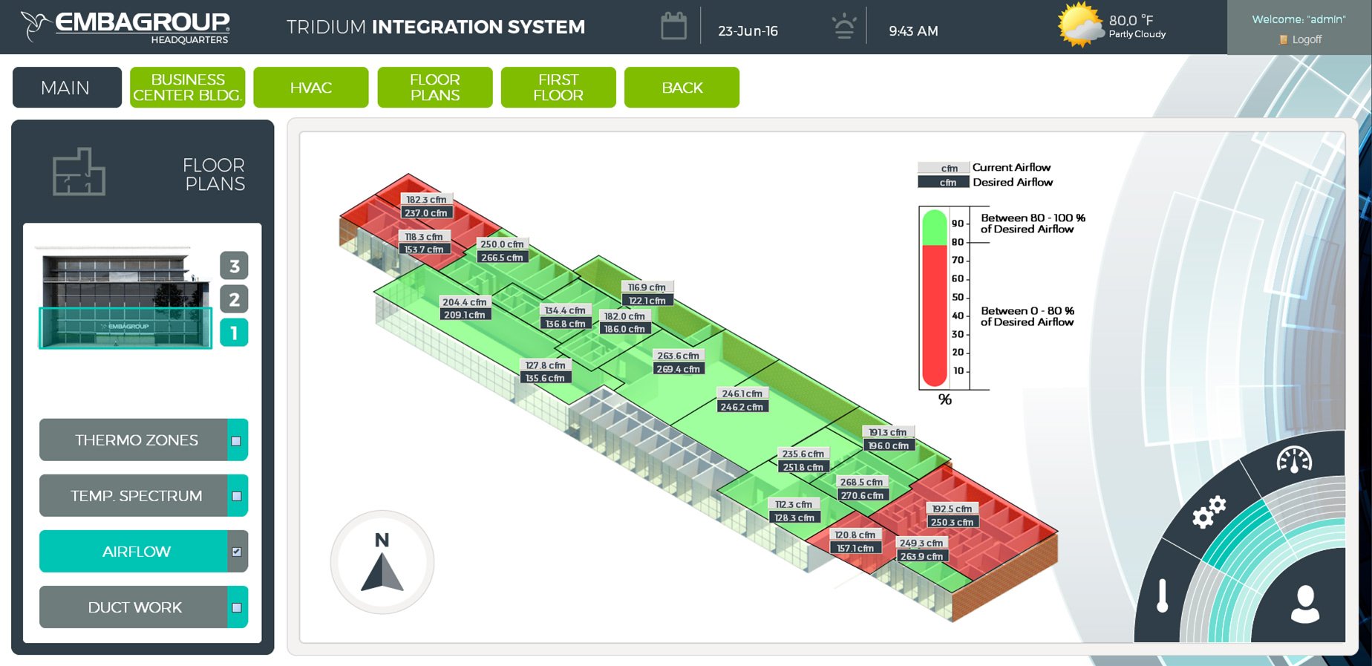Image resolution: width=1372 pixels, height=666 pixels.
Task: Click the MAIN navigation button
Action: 67,88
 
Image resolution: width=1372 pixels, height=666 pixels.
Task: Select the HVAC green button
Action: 311,88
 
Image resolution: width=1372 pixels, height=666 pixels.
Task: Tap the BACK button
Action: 682,88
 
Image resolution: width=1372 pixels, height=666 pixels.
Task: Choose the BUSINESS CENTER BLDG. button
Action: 187,88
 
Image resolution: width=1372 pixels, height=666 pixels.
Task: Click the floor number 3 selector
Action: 234,265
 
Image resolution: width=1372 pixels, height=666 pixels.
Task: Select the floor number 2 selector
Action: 234,299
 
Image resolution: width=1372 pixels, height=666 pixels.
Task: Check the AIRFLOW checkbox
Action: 237,552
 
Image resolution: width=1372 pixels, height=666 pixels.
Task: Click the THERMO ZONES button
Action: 136,440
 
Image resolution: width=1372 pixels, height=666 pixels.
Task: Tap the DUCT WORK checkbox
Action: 237,607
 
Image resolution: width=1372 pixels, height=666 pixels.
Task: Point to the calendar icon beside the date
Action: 673,27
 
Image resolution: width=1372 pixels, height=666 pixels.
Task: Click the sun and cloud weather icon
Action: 1079,25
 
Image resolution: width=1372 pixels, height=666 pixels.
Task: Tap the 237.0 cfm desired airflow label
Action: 425,213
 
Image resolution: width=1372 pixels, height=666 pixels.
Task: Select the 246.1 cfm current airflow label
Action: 742,394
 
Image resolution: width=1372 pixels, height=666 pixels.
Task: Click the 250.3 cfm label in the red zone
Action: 952,522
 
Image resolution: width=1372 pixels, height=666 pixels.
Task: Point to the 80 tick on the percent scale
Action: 958,242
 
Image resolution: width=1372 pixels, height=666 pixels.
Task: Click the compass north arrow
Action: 382,572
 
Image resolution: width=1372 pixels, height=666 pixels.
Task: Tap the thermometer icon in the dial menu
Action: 1163,595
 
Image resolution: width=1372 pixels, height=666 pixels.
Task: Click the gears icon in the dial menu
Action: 1209,512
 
